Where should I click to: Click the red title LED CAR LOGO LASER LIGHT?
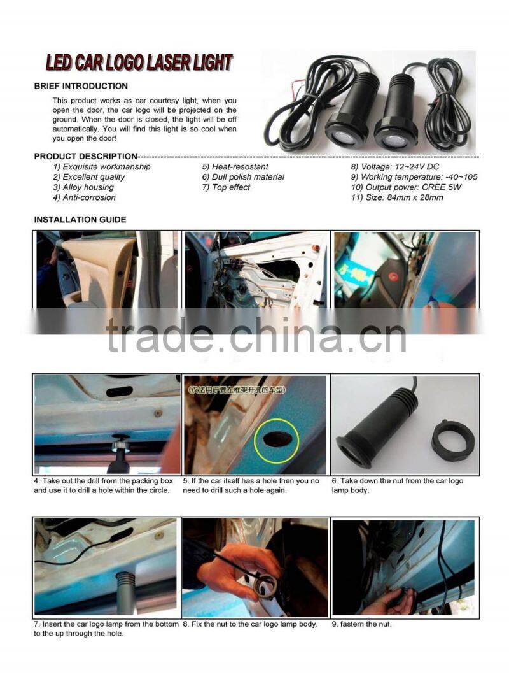[x=139, y=63]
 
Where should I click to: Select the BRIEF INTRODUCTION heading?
[x=81, y=86]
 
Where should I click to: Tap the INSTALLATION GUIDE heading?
[x=80, y=220]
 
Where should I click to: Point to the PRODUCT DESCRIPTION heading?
[x=85, y=156]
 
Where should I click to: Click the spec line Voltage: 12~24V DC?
[x=394, y=167]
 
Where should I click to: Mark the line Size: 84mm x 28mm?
[x=397, y=197]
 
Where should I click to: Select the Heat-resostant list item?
[x=235, y=167]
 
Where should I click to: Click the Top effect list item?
[x=227, y=187]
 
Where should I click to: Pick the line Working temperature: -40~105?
[x=414, y=177]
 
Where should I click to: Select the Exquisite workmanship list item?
[x=102, y=167]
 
